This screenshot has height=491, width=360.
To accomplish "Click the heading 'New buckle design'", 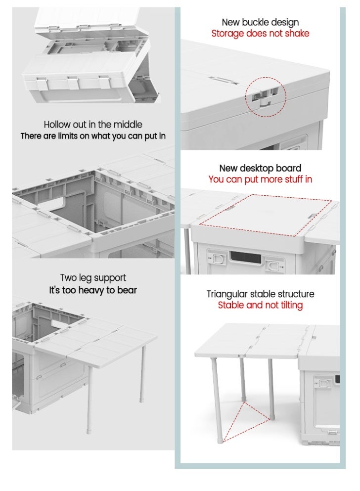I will tap(260, 22).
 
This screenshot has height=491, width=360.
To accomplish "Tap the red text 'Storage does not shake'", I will tap(260, 34).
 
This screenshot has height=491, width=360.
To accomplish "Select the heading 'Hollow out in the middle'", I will tap(93, 125).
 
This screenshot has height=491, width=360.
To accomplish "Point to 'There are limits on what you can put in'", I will tap(93, 136).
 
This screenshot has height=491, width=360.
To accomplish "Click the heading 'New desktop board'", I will tap(260, 168).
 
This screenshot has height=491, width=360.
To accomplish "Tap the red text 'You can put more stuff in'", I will tap(260, 179).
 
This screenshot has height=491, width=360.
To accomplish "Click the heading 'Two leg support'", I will tap(93, 278).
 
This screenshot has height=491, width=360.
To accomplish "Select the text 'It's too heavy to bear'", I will tap(93, 290).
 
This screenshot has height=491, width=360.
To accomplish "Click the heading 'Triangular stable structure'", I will tap(260, 294).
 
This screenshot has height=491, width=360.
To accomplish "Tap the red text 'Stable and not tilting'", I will tap(260, 306).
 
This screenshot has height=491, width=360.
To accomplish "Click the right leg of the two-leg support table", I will tap(143, 386).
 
